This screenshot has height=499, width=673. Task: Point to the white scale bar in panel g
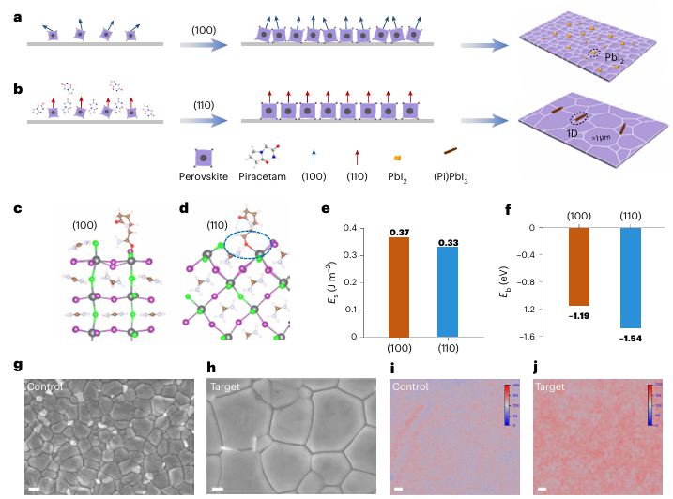32,488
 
